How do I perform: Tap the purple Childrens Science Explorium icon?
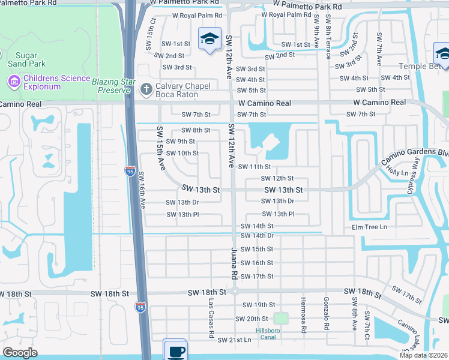(14, 80)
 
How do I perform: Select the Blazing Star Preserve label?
(111, 85)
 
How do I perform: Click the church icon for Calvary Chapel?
(145, 89)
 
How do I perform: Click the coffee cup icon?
(175, 351)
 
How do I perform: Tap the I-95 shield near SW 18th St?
(140, 307)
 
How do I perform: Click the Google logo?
(20, 352)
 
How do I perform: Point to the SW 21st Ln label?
(235, 340)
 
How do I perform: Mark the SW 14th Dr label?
(258, 236)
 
